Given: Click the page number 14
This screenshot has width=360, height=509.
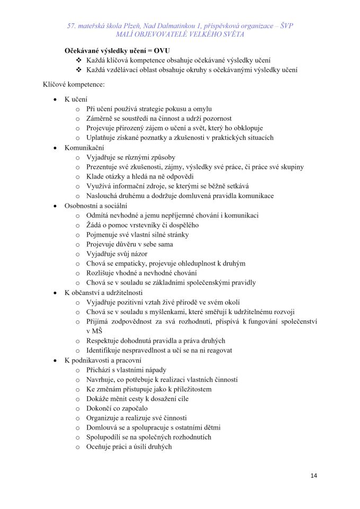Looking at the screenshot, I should coord(314,476).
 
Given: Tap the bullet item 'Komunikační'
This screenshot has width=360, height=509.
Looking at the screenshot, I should coord(84,148).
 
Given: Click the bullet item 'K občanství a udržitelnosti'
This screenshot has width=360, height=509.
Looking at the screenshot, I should coord(103,292).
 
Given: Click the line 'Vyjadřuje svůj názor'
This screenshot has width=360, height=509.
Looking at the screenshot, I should coord(117,254).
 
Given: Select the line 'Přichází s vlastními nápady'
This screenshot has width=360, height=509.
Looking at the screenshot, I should coord(127,370).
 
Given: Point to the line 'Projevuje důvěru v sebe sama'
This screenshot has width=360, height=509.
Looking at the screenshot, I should coord(130,244).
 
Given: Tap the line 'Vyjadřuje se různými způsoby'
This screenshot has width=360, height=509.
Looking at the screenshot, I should coord(131,157).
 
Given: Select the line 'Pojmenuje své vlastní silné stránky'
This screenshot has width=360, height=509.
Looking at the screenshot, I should coord(137,235).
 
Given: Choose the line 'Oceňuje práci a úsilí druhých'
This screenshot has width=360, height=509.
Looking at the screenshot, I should coord(129,447).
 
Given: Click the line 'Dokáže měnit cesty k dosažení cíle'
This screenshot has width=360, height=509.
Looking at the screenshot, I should coord(137,399).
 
